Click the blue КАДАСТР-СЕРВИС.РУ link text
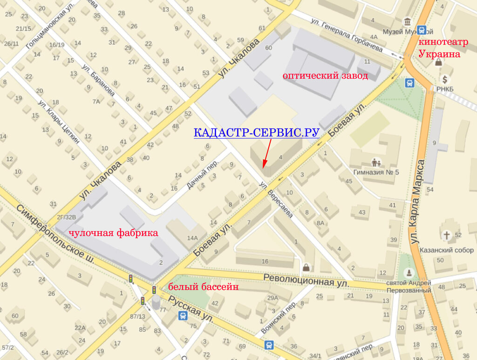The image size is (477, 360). coord(256,133)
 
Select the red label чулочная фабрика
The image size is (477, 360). coord(113,233)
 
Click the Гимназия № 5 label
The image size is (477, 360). coord(376,172)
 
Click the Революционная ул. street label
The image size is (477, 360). coord(306,279)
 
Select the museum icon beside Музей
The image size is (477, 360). coord(408,22)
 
